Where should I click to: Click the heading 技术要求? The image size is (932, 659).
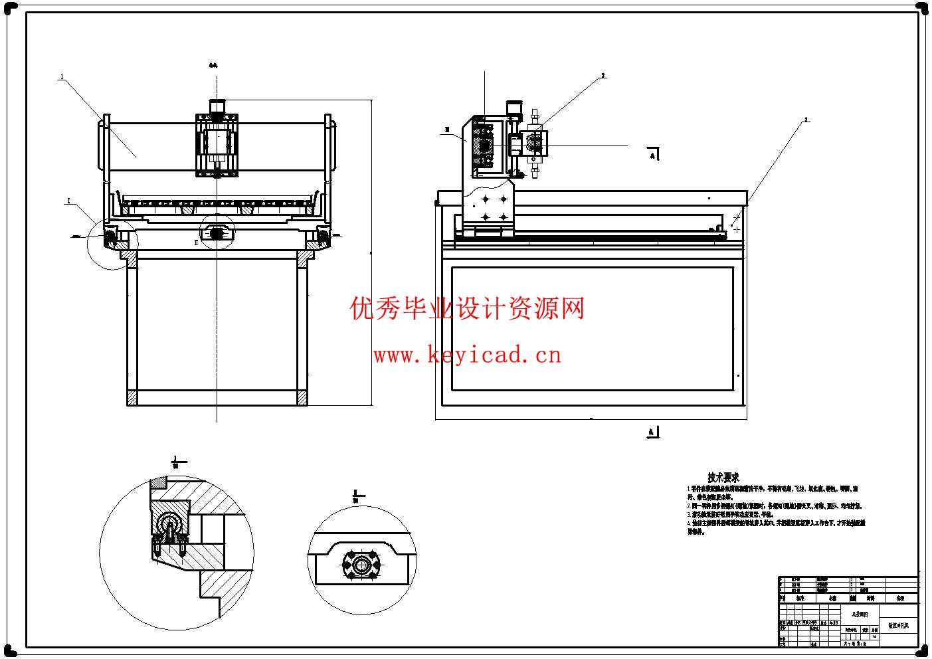723,477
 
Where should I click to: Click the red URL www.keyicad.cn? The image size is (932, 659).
467,355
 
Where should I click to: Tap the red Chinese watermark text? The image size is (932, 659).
467,309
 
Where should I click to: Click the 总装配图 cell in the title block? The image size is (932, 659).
860,614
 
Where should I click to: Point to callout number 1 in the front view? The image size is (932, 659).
62,77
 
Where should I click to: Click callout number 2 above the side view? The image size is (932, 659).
603,76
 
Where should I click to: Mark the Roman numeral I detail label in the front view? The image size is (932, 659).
68,199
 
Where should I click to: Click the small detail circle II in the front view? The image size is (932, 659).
217,232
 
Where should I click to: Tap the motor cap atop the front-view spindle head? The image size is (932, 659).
217,106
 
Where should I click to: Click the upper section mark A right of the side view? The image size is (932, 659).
653,155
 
